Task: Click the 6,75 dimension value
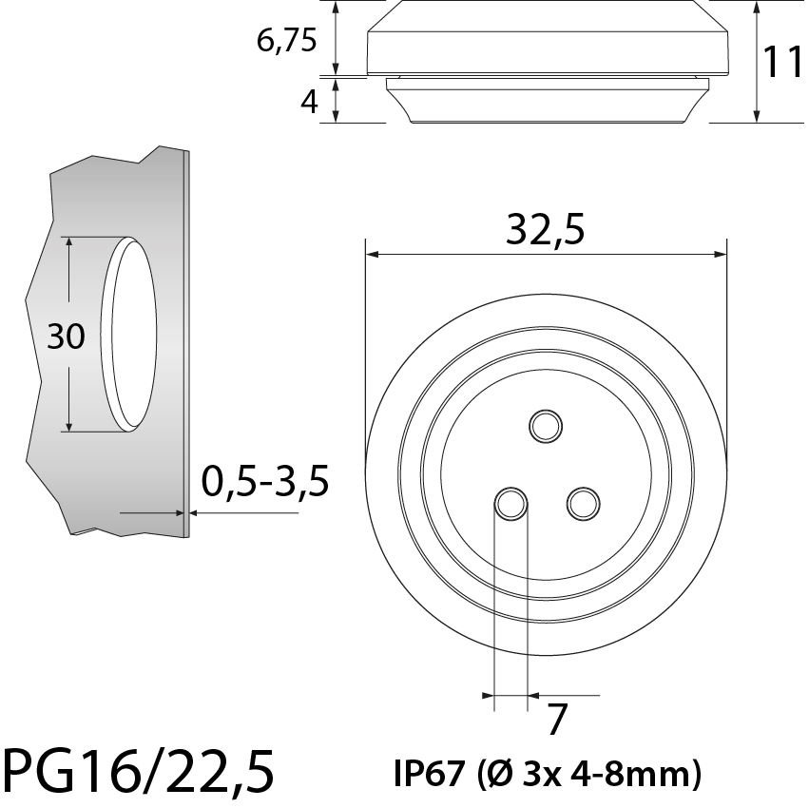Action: (x=285, y=41)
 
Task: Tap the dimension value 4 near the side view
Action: (x=309, y=102)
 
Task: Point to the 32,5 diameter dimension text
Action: (x=544, y=229)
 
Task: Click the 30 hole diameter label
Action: (x=67, y=336)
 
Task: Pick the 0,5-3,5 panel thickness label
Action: (x=265, y=483)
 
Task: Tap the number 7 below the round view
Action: (x=558, y=721)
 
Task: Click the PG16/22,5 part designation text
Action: (x=138, y=771)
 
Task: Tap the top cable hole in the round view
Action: (x=546, y=425)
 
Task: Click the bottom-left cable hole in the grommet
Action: (x=510, y=503)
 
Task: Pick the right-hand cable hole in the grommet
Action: (x=582, y=503)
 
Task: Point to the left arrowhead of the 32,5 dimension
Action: (x=373, y=255)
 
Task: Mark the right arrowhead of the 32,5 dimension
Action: (x=720, y=255)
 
